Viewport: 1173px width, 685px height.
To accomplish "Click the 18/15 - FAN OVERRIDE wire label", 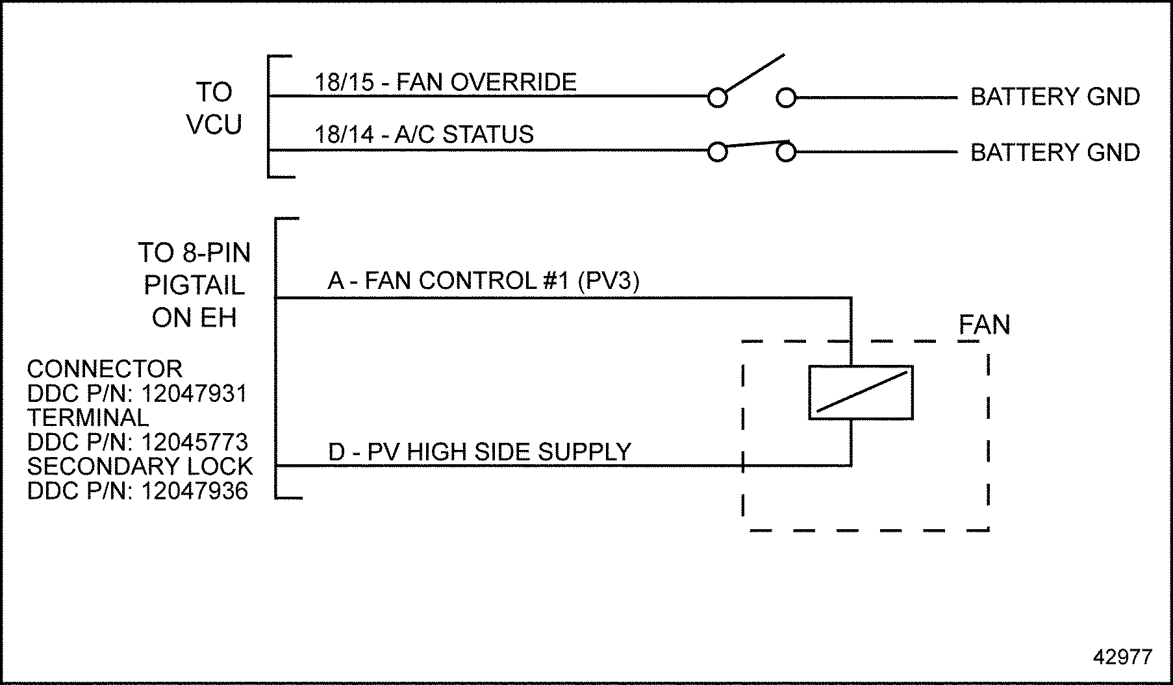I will click(446, 82).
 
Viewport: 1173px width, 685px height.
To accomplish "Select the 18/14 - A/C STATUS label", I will click(423, 134).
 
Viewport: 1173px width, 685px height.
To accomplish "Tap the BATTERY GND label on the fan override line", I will click(1055, 97).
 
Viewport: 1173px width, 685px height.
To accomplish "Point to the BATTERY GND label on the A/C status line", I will click(1055, 153).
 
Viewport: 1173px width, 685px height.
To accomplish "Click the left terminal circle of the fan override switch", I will click(717, 98).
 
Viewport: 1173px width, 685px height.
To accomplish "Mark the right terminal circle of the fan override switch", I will click(786, 98).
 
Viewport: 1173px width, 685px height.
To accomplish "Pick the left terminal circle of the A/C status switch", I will click(717, 153).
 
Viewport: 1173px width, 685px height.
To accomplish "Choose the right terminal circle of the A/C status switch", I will click(786, 153).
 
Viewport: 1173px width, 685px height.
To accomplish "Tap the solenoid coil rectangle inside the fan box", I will click(861, 393).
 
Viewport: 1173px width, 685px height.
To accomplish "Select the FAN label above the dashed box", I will click(984, 325).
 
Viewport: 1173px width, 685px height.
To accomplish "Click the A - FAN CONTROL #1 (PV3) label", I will click(483, 281).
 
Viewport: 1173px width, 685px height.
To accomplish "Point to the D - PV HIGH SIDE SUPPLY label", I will click(479, 452).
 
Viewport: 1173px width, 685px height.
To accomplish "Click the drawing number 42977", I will click(1122, 657).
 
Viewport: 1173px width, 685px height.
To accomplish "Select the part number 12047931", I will click(194, 393).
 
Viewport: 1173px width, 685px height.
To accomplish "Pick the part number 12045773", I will click(194, 442).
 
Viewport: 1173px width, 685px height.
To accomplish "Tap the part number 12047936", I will click(194, 491).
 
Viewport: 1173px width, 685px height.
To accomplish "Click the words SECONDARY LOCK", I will click(140, 466).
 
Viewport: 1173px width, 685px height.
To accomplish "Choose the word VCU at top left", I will click(214, 124).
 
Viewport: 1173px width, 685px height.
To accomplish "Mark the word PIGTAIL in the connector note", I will click(194, 285).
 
